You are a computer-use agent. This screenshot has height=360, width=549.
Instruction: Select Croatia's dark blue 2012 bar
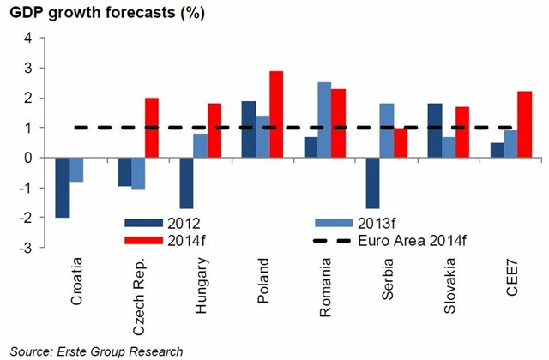[x=63, y=188]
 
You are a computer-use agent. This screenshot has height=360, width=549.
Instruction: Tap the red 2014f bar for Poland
[x=276, y=114]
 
